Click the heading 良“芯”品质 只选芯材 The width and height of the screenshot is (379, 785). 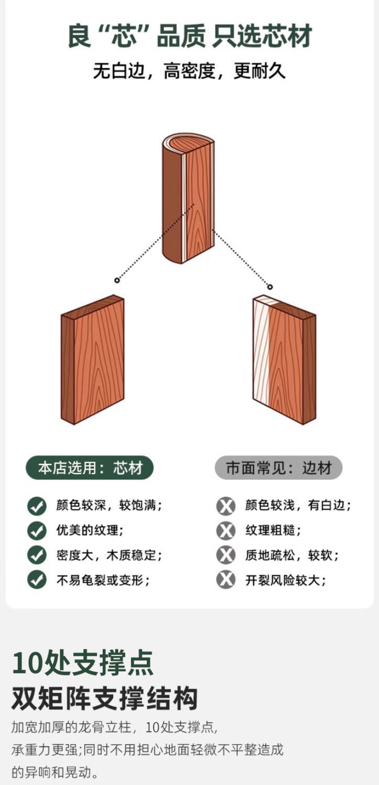tap(189, 36)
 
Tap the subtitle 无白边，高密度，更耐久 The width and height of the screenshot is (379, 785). tap(189, 71)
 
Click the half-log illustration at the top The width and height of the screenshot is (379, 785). tap(188, 198)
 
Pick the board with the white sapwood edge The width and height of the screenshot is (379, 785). tap(284, 359)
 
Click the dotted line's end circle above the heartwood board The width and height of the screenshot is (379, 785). tap(117, 280)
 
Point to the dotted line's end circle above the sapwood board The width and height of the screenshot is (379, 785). tap(270, 287)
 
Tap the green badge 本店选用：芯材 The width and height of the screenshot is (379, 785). tap(90, 468)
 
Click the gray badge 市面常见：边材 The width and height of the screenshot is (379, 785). tap(278, 468)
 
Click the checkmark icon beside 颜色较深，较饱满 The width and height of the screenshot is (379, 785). tap(37, 506)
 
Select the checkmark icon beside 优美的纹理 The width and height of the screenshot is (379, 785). tap(37, 530)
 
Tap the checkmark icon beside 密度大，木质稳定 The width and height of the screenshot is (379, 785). tap(37, 555)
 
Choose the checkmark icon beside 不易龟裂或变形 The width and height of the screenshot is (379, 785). tap(37, 580)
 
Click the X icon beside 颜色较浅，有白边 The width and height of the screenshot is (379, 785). tap(225, 506)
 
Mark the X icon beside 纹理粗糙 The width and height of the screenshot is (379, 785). tap(225, 530)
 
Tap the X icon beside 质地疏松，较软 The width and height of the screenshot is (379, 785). tap(225, 555)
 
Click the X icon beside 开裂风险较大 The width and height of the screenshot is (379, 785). tap(225, 580)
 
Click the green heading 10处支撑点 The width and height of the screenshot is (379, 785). tap(83, 663)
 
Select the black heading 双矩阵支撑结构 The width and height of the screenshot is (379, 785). tap(105, 698)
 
